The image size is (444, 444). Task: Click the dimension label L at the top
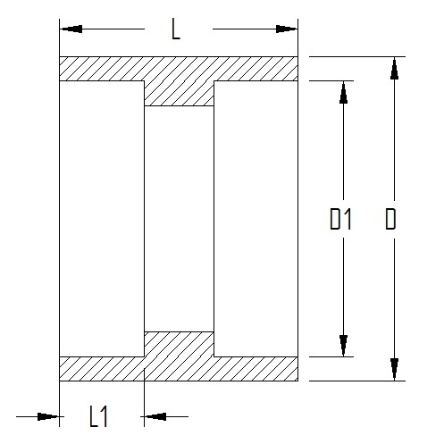(176, 29)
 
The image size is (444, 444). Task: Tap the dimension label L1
(98, 416)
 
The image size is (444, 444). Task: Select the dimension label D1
(340, 219)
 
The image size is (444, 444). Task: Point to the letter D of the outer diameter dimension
(390, 219)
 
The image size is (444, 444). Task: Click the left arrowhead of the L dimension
(71, 29)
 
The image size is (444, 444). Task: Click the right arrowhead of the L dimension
(287, 29)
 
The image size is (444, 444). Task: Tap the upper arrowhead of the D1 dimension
(343, 92)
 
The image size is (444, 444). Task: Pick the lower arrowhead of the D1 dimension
(343, 346)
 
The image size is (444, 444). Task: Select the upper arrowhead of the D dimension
(394, 68)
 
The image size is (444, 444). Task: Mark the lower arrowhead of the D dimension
(394, 370)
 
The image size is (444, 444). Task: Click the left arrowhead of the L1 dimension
(48, 416)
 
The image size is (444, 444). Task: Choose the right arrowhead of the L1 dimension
(155, 416)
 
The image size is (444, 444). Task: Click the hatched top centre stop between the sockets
(179, 93)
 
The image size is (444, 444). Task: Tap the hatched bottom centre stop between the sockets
(179, 344)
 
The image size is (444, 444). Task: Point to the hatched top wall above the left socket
(102, 69)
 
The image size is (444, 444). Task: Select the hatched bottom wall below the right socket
(256, 369)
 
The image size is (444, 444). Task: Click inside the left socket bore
(102, 219)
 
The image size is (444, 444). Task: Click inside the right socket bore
(256, 219)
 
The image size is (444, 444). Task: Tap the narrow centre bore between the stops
(179, 219)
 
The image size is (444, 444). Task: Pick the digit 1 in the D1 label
(348, 219)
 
